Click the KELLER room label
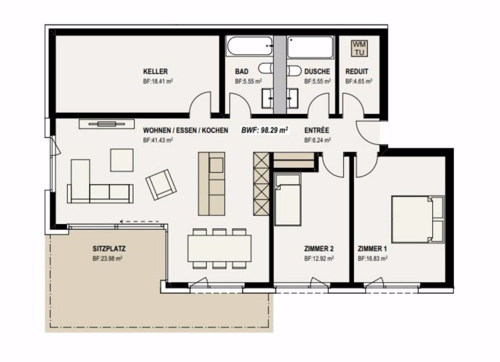[155, 72]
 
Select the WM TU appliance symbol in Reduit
[359, 48]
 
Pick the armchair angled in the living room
[161, 184]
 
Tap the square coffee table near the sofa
[122, 160]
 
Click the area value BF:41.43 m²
[158, 141]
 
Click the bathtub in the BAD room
[248, 48]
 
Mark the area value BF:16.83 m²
[373, 259]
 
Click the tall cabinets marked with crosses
[260, 183]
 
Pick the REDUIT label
[357, 72]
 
